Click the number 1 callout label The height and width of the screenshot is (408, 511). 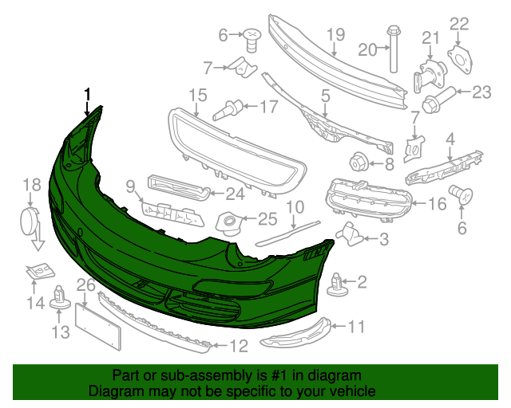(87, 94)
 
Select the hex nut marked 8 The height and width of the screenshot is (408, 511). (357, 162)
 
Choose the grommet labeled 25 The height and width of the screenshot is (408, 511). (230, 220)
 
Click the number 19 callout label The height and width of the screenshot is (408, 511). (335, 34)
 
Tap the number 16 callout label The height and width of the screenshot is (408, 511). (437, 204)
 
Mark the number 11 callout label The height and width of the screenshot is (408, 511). (356, 325)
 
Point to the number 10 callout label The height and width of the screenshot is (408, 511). (295, 207)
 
